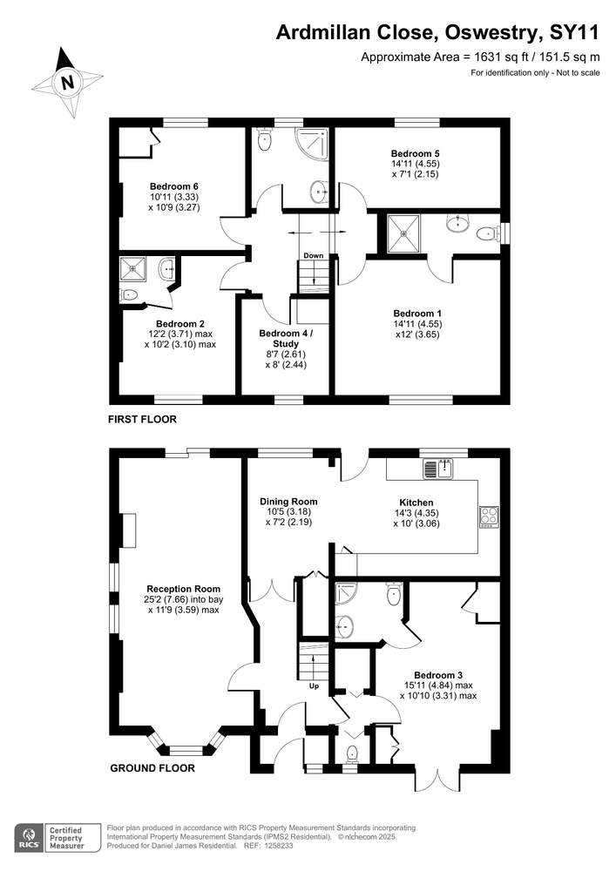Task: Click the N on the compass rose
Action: pos(68,82)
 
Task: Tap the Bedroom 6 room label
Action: pos(174,186)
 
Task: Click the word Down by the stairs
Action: pos(314,255)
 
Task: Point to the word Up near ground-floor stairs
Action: pos(314,686)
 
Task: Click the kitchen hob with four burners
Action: pos(490,517)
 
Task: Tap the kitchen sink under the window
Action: pos(438,469)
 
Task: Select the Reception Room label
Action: pos(183,589)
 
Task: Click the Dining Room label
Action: pos(288,502)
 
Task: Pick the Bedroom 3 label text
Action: pos(438,676)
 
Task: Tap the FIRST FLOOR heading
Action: pos(142,420)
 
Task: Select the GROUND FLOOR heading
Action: pos(152,768)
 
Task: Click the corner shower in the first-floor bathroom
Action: pos(313,144)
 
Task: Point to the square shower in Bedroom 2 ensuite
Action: pos(132,269)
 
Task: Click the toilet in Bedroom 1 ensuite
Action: pos(486,233)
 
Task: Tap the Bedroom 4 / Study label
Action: pos(286,338)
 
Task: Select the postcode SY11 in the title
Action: pos(575,33)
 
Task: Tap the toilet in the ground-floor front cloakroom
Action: pos(352,755)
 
